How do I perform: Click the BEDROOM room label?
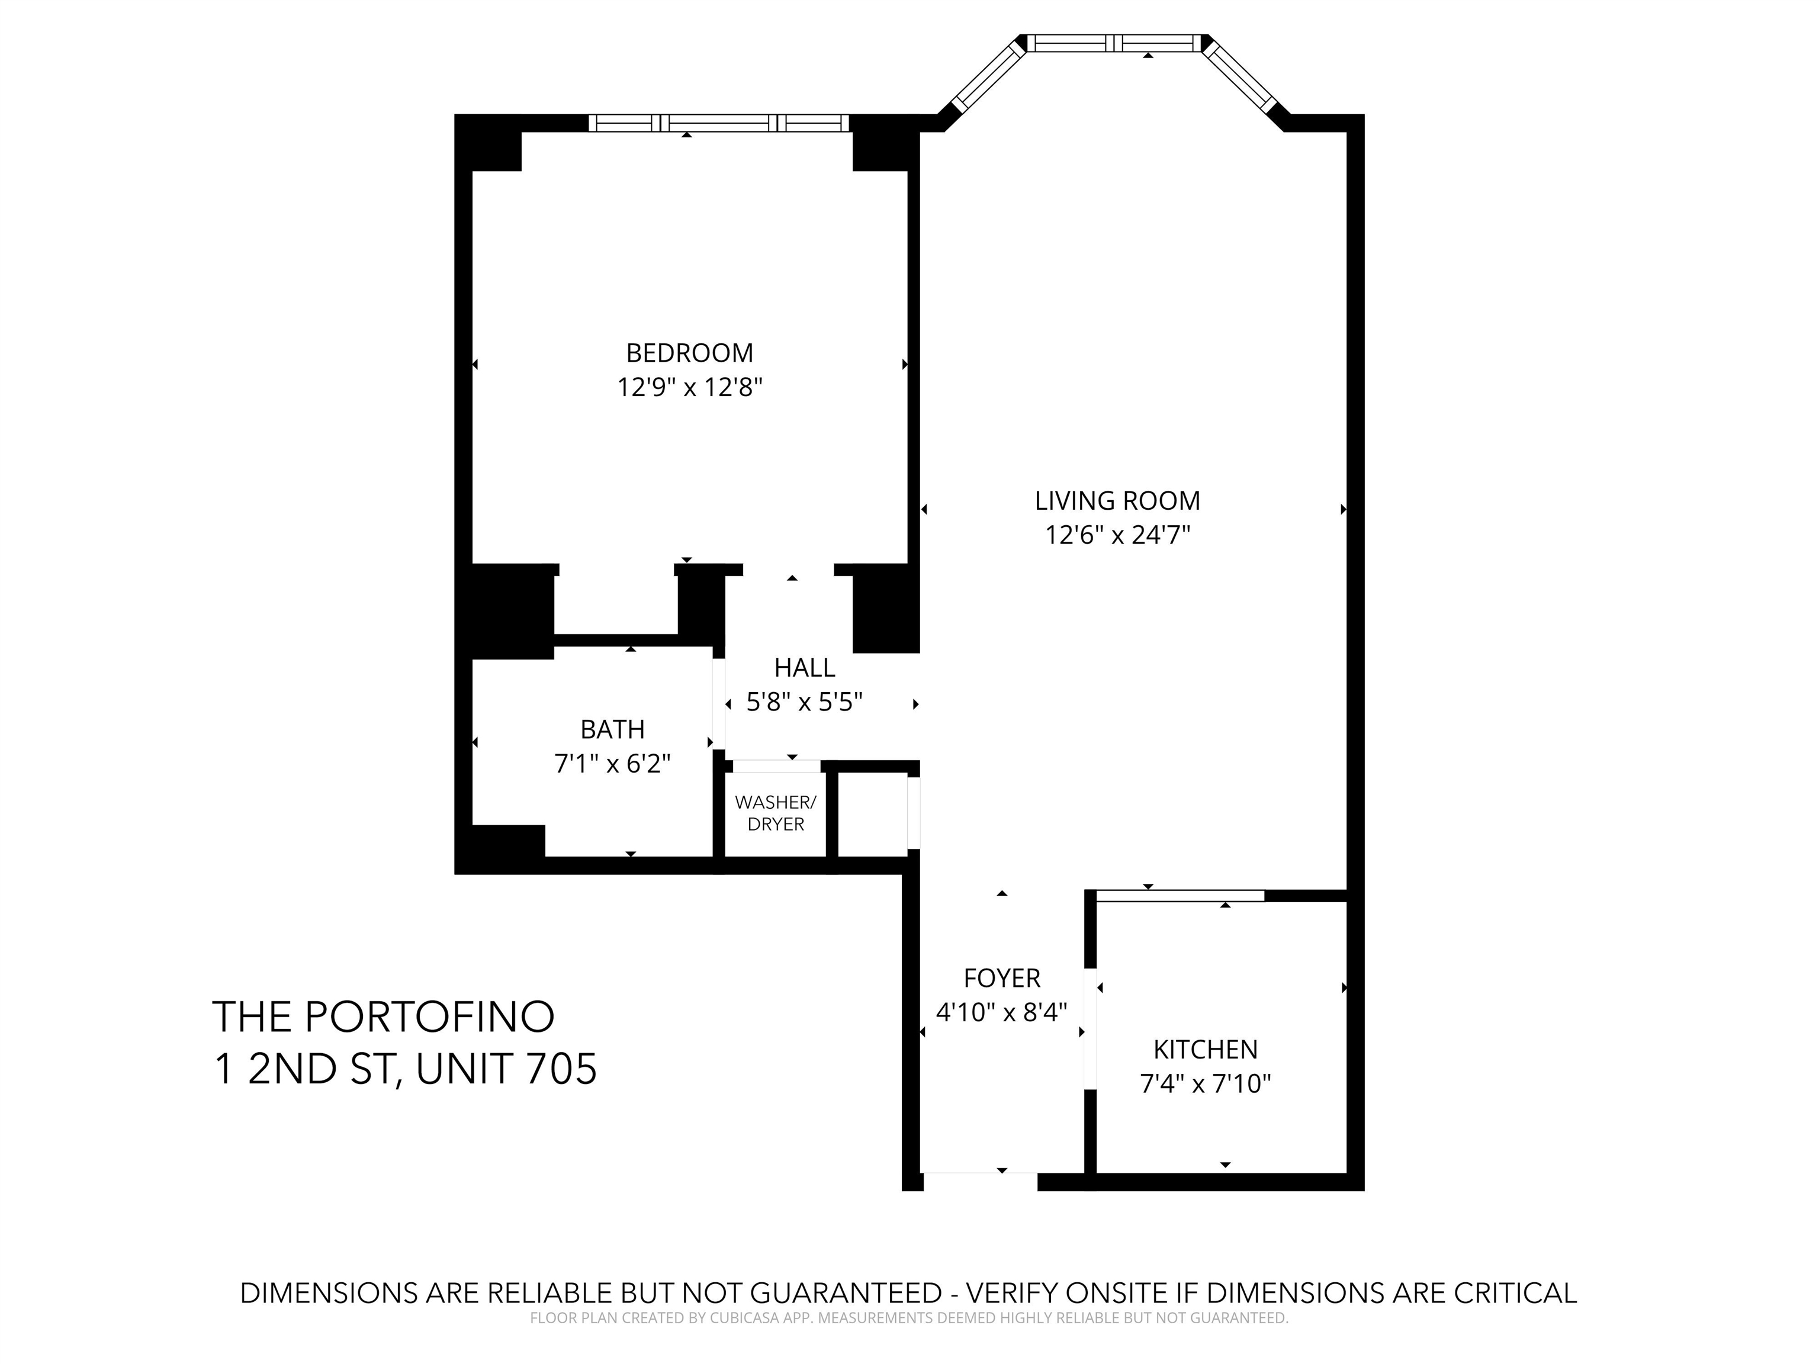(x=689, y=353)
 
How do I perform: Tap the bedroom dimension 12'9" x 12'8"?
(x=690, y=387)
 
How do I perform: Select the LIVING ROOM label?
(x=1117, y=501)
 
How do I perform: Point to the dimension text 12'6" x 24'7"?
(x=1117, y=535)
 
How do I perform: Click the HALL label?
(x=804, y=668)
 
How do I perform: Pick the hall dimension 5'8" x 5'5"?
(x=804, y=702)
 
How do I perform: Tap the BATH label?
(x=613, y=729)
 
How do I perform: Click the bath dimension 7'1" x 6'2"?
(x=613, y=764)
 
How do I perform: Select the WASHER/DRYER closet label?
(x=776, y=813)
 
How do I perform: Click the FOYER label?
(x=1002, y=979)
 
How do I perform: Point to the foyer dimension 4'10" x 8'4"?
(x=1002, y=1012)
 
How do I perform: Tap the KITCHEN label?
(x=1206, y=1050)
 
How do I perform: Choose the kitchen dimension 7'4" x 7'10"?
(x=1206, y=1085)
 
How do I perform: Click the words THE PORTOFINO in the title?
(x=383, y=1017)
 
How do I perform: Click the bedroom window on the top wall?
(x=719, y=123)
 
